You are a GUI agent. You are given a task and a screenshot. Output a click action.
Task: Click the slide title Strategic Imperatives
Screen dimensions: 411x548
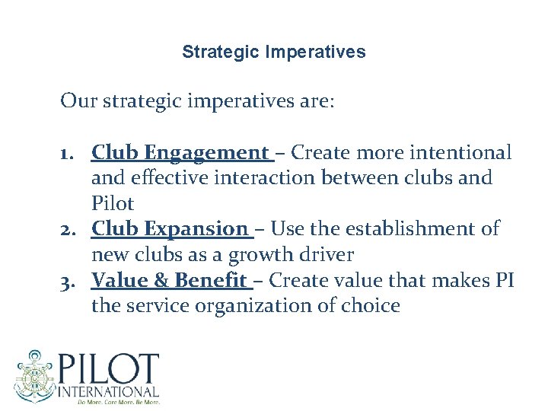(x=274, y=53)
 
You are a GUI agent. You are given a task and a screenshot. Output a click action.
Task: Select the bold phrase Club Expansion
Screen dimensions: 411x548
(x=169, y=228)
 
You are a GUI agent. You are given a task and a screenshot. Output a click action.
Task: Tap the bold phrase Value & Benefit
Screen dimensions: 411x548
(x=168, y=280)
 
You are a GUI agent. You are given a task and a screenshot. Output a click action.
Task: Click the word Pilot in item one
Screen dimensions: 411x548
(x=112, y=204)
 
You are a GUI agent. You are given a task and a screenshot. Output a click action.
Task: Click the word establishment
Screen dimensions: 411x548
(x=412, y=228)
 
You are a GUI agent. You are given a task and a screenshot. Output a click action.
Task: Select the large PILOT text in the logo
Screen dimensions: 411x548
(x=109, y=370)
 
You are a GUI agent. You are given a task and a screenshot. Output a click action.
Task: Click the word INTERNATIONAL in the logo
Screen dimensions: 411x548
(x=109, y=391)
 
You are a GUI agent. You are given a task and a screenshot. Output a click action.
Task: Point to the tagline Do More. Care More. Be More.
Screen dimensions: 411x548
(x=109, y=401)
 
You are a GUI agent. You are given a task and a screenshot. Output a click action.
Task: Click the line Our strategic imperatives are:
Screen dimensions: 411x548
(x=197, y=101)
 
